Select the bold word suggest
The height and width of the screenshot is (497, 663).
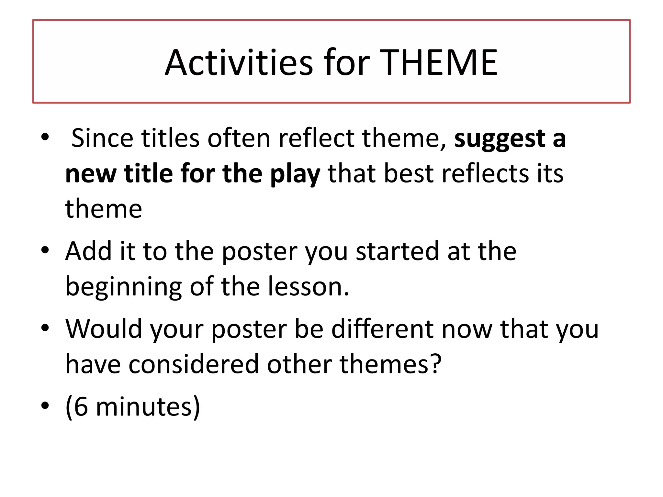pyautogui.click(x=500, y=139)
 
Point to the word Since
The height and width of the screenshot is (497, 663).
pyautogui.click(x=102, y=138)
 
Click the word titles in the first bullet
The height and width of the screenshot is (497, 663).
pyautogui.click(x=170, y=138)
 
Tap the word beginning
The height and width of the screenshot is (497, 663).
pyautogui.click(x=123, y=287)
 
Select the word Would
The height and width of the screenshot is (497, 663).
pyautogui.click(x=104, y=329)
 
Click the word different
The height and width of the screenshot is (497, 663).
pyautogui.click(x=382, y=329)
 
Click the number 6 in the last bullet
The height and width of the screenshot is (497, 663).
pyautogui.click(x=81, y=407)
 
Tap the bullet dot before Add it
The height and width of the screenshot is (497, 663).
pyautogui.click(x=45, y=250)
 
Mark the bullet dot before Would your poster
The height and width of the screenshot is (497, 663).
pyautogui.click(x=45, y=327)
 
